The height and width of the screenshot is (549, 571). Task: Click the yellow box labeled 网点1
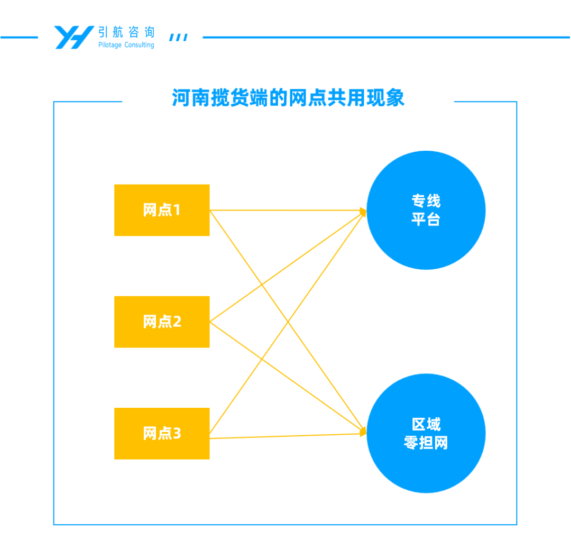pyautogui.click(x=162, y=210)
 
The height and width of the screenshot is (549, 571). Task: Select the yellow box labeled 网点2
pyautogui.click(x=162, y=322)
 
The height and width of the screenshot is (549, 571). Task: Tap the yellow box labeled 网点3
pyautogui.click(x=162, y=433)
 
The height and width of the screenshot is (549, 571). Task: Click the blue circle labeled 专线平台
pyautogui.click(x=426, y=210)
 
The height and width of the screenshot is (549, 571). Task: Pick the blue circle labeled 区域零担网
pyautogui.click(x=426, y=433)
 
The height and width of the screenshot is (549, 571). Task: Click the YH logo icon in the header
pyautogui.click(x=74, y=37)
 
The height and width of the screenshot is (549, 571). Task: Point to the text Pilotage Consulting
pyautogui.click(x=126, y=45)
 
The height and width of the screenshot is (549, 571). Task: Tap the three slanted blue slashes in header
pyautogui.click(x=178, y=38)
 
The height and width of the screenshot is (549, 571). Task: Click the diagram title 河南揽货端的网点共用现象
pyautogui.click(x=288, y=98)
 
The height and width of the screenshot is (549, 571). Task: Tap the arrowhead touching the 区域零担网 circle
pyautogui.click(x=363, y=432)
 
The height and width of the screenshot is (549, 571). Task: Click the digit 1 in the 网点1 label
pyautogui.click(x=177, y=210)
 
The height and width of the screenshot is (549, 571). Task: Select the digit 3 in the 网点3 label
pyautogui.click(x=177, y=433)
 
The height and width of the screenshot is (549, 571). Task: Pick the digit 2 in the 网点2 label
pyautogui.click(x=177, y=322)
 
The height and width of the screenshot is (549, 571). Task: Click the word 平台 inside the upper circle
pyautogui.click(x=426, y=219)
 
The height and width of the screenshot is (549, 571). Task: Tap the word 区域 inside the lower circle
pyautogui.click(x=426, y=424)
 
